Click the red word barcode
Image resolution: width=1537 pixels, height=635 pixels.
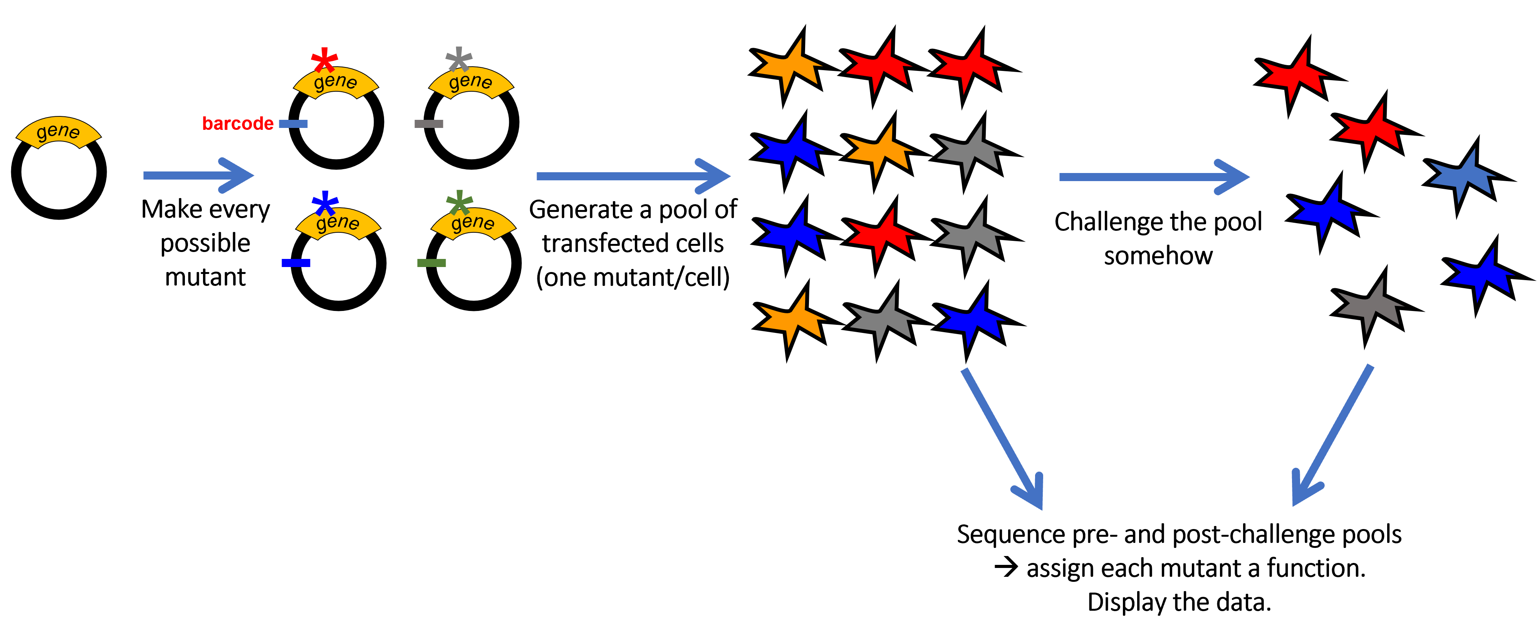click(237, 124)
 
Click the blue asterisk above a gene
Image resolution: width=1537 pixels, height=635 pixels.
click(325, 203)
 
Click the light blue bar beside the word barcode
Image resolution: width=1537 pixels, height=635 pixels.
click(293, 124)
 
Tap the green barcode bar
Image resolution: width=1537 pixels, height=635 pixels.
click(431, 263)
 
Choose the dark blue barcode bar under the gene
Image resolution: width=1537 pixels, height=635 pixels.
click(296, 263)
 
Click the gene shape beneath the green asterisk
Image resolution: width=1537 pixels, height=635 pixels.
click(473, 224)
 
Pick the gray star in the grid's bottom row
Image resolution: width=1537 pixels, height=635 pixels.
click(882, 319)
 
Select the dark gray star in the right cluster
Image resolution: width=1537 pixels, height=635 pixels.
click(1370, 306)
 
